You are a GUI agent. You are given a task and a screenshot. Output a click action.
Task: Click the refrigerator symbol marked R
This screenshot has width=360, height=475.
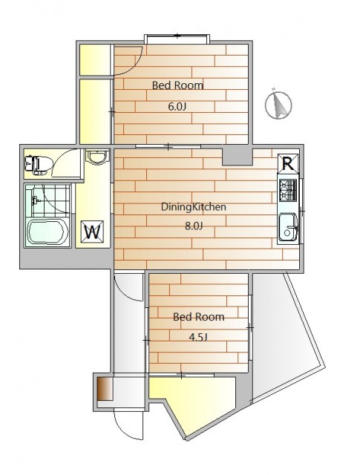pos(288,164)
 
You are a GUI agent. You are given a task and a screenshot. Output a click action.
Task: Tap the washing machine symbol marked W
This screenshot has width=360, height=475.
pos(93,232)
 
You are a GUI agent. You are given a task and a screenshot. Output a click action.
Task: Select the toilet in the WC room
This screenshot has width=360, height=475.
pos(36,165)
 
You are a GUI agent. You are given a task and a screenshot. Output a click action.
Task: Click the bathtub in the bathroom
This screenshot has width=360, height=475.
pos(48,232)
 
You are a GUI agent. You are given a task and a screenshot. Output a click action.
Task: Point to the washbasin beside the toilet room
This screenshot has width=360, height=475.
pos(97,157)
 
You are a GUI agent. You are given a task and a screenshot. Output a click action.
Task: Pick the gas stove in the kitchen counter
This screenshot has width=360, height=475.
pos(287,190)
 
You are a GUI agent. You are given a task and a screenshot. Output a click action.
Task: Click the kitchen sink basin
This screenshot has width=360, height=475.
pos(288,226)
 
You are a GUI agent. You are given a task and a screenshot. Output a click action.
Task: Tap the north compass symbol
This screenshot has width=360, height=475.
pos(278,105)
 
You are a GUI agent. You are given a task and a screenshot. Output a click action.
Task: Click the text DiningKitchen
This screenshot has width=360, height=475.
pos(194,207)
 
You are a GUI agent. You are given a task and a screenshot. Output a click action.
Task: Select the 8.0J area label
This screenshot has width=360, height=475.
pos(194,226)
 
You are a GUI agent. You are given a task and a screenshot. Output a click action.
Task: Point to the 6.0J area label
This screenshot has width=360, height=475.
pos(177,106)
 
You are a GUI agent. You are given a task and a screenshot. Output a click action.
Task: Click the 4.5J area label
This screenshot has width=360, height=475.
pos(198,337)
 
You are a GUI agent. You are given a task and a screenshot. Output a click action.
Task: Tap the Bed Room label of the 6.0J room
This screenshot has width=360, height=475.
pos(177,85)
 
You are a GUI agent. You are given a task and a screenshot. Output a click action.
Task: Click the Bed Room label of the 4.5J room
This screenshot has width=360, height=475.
pos(199,317)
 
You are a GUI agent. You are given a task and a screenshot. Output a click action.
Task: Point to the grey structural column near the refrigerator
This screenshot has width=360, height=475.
pos(238,157)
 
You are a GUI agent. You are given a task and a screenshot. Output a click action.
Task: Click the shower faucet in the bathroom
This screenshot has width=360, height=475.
pos(36,200)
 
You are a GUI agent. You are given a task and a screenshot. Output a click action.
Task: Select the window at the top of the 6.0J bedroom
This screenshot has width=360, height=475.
pos(177,39)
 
